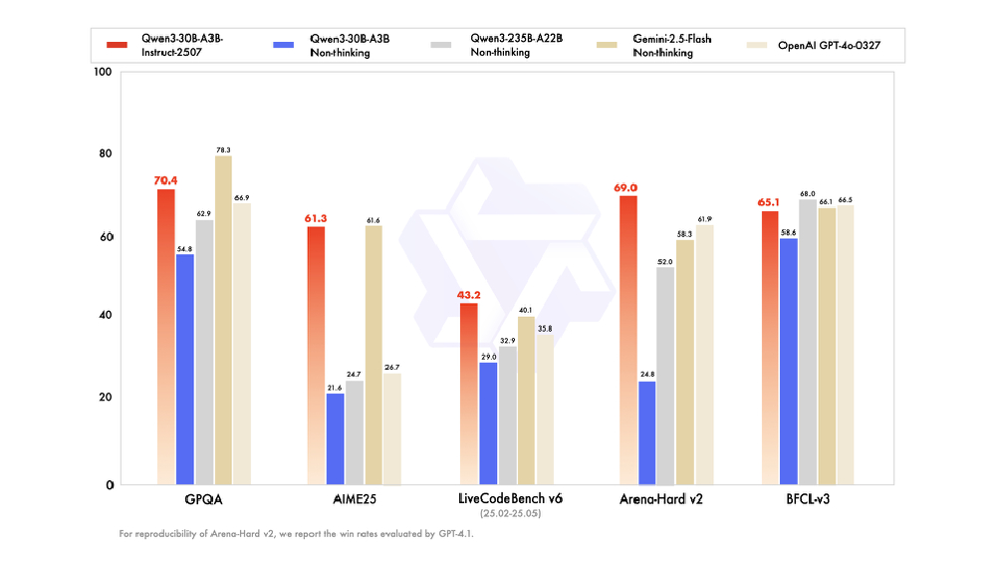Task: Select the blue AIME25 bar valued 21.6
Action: (x=336, y=438)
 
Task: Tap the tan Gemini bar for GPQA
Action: (x=223, y=320)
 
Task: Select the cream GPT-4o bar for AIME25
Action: (x=392, y=428)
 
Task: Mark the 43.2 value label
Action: (x=468, y=295)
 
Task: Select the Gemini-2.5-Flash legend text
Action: (x=673, y=40)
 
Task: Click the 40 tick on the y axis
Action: (x=107, y=316)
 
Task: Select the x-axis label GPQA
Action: (x=203, y=498)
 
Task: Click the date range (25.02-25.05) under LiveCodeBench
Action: (x=510, y=513)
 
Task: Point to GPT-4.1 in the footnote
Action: (x=454, y=534)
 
